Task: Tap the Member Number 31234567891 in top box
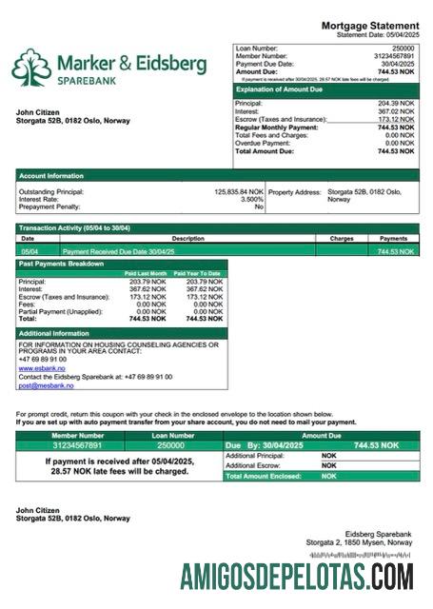[x=391, y=56]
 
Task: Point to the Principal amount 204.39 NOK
[x=396, y=103]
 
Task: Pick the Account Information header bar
[x=51, y=175]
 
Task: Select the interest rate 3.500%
[x=251, y=200]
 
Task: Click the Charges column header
[x=341, y=239]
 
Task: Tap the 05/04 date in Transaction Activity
[x=29, y=251]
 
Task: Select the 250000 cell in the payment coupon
[x=170, y=444]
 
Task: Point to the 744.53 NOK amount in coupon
[x=375, y=445]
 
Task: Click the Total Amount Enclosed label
[x=263, y=476]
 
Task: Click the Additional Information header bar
[x=55, y=334]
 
